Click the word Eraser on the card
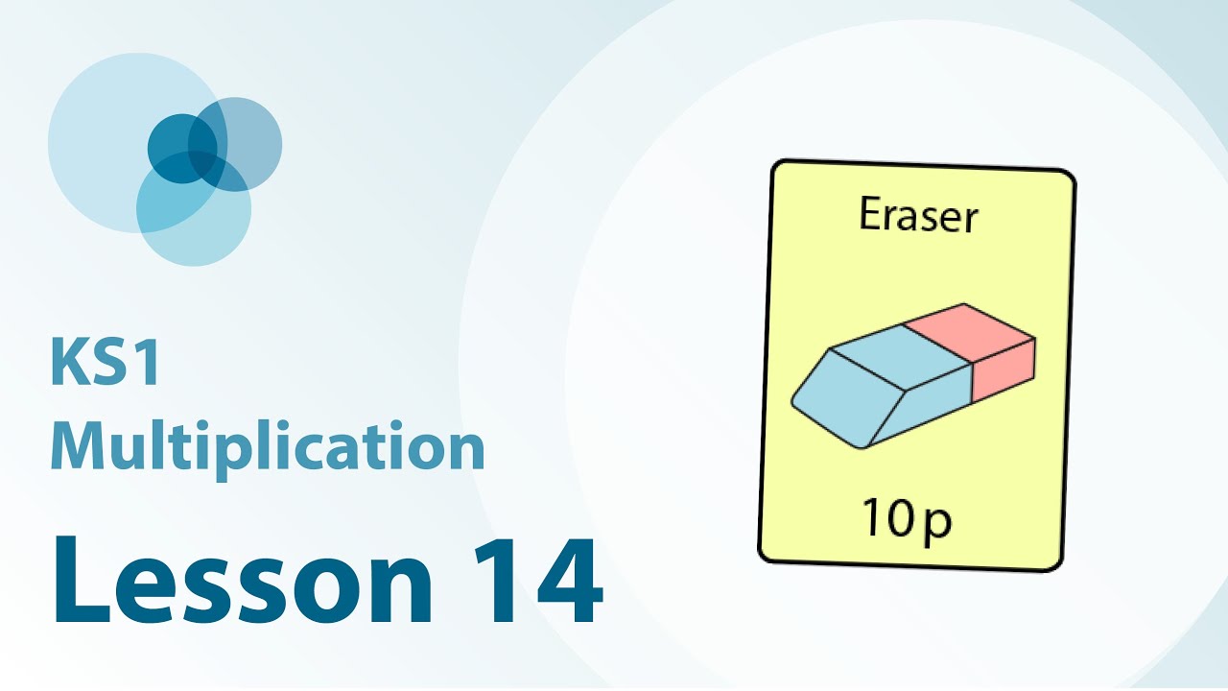coord(918,215)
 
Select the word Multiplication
coord(268,448)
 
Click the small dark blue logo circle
coord(182,149)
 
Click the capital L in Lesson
coord(82,582)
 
